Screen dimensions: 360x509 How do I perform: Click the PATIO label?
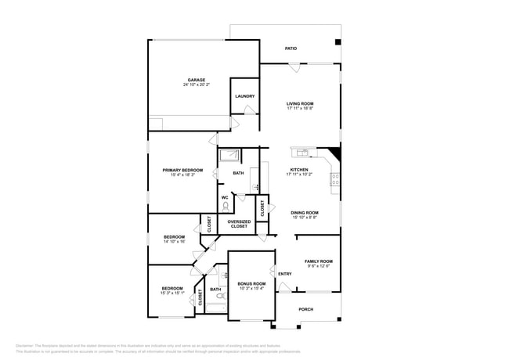[x=291, y=49]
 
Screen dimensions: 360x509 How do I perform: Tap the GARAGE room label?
[x=196, y=80]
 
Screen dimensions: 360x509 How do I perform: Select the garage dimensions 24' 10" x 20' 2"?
[x=196, y=85]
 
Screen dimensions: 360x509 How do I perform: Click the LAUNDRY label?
[x=244, y=96]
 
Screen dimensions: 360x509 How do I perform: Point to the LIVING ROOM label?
[x=300, y=103]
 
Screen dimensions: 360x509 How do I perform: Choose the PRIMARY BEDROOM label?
[x=182, y=170]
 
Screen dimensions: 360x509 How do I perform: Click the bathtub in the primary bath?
[x=229, y=154]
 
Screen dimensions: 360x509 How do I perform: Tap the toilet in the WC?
[x=226, y=207]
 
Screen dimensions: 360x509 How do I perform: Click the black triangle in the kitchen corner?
[x=334, y=154]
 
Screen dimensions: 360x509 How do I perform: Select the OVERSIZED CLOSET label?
[x=239, y=224]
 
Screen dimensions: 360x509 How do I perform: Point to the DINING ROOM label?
[x=305, y=213]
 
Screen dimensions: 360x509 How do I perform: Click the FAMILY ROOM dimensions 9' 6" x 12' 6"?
[x=318, y=267]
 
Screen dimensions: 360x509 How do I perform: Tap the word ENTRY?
[x=285, y=274]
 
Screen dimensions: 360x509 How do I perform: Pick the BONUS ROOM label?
[x=251, y=283]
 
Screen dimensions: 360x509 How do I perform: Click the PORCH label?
[x=306, y=309]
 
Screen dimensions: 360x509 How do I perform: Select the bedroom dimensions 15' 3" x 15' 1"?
[x=172, y=293]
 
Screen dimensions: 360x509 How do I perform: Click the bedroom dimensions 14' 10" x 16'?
[x=174, y=242]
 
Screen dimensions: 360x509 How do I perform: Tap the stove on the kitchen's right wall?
[x=336, y=182]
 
